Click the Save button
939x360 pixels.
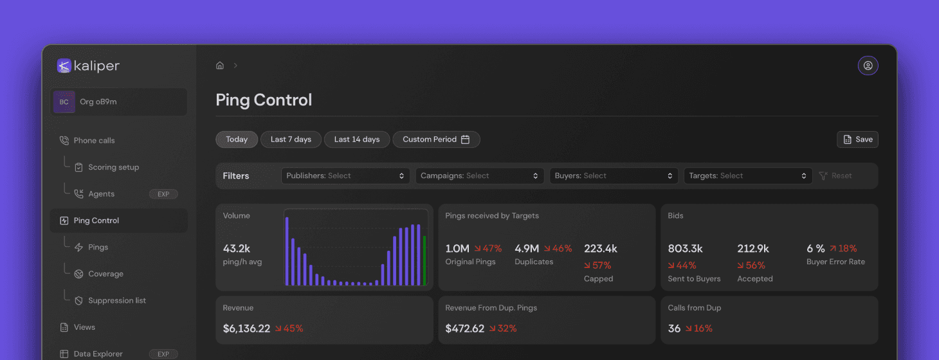tap(857, 139)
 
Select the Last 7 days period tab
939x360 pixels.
tap(291, 139)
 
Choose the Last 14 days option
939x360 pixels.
tap(357, 139)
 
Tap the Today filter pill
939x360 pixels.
tap(237, 139)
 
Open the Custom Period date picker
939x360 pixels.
tap(436, 139)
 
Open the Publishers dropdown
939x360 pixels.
tap(345, 175)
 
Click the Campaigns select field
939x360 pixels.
tap(479, 175)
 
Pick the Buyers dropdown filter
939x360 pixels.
tap(613, 175)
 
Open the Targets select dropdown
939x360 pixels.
tap(747, 175)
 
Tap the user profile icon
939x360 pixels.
tap(868, 66)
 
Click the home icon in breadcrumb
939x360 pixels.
tap(220, 66)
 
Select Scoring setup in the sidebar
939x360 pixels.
tap(113, 167)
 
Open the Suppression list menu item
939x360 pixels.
tap(116, 300)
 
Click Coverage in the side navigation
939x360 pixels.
tap(105, 274)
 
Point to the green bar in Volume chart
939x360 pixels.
tap(424, 260)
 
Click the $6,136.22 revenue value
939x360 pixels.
tap(246, 328)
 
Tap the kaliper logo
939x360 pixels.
tap(88, 66)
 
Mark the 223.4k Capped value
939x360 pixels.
tap(601, 249)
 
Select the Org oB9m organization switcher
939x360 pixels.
tap(118, 102)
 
